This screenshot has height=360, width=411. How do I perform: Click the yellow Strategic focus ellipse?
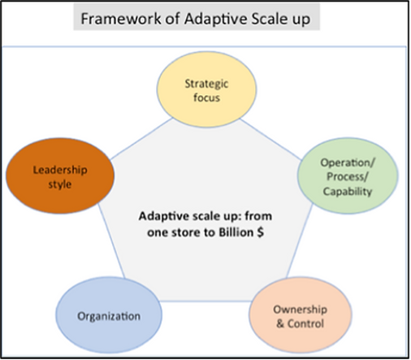206,89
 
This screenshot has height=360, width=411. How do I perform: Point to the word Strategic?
206,84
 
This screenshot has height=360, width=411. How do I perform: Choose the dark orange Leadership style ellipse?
60,176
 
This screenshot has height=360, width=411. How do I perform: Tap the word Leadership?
60,170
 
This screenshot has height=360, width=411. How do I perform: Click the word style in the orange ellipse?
60,184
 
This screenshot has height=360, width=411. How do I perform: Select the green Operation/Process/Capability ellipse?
348,176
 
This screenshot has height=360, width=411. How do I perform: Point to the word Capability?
348,192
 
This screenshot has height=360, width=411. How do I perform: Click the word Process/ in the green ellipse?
348,176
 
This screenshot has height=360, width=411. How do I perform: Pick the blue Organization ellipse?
109,315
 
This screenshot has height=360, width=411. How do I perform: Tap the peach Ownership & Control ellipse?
301,315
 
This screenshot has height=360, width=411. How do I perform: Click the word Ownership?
301,310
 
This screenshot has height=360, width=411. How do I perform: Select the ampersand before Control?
280,323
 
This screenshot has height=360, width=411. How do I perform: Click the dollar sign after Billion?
261,232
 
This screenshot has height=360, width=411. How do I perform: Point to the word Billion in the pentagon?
236,232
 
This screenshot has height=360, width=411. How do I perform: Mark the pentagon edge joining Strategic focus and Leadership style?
141,139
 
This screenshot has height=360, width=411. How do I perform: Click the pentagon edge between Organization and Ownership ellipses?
205,301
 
